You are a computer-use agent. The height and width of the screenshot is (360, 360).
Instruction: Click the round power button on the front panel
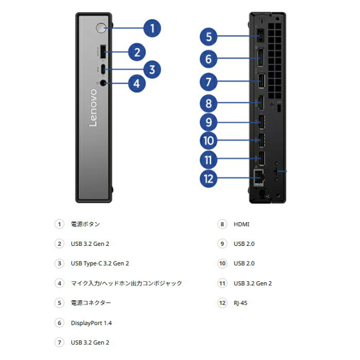click(101, 28)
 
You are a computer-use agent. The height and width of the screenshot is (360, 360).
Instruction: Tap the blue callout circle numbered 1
click(152, 29)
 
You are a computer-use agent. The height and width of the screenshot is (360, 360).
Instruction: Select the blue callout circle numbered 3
click(152, 70)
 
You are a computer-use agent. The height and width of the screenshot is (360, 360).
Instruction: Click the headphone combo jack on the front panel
click(103, 83)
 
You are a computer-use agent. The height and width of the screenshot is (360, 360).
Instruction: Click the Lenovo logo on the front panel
click(93, 107)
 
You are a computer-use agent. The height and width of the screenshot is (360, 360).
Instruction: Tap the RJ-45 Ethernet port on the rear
click(259, 178)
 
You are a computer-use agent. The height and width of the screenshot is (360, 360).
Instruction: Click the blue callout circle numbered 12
click(208, 179)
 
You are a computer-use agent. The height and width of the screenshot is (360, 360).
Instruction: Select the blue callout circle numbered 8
click(208, 103)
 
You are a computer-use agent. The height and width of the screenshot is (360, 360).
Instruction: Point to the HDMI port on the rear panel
click(261, 102)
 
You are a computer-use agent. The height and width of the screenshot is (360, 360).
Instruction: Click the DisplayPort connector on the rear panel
click(260, 57)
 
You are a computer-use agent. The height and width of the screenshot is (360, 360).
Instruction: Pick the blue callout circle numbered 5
click(209, 37)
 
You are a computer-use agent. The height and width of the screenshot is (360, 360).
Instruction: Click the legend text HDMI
click(241, 224)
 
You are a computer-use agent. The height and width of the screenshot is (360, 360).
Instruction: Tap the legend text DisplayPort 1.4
click(91, 323)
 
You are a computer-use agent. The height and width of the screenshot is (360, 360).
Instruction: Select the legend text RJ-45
click(240, 303)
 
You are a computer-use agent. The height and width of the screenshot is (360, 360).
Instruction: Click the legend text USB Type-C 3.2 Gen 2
click(100, 263)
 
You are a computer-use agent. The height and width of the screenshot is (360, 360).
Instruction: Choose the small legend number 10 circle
click(222, 263)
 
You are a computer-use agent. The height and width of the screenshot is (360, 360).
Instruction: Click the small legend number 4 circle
click(60, 283)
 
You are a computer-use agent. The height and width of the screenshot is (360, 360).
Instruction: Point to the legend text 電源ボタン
click(85, 224)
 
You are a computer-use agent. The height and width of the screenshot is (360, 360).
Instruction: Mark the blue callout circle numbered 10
click(208, 141)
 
